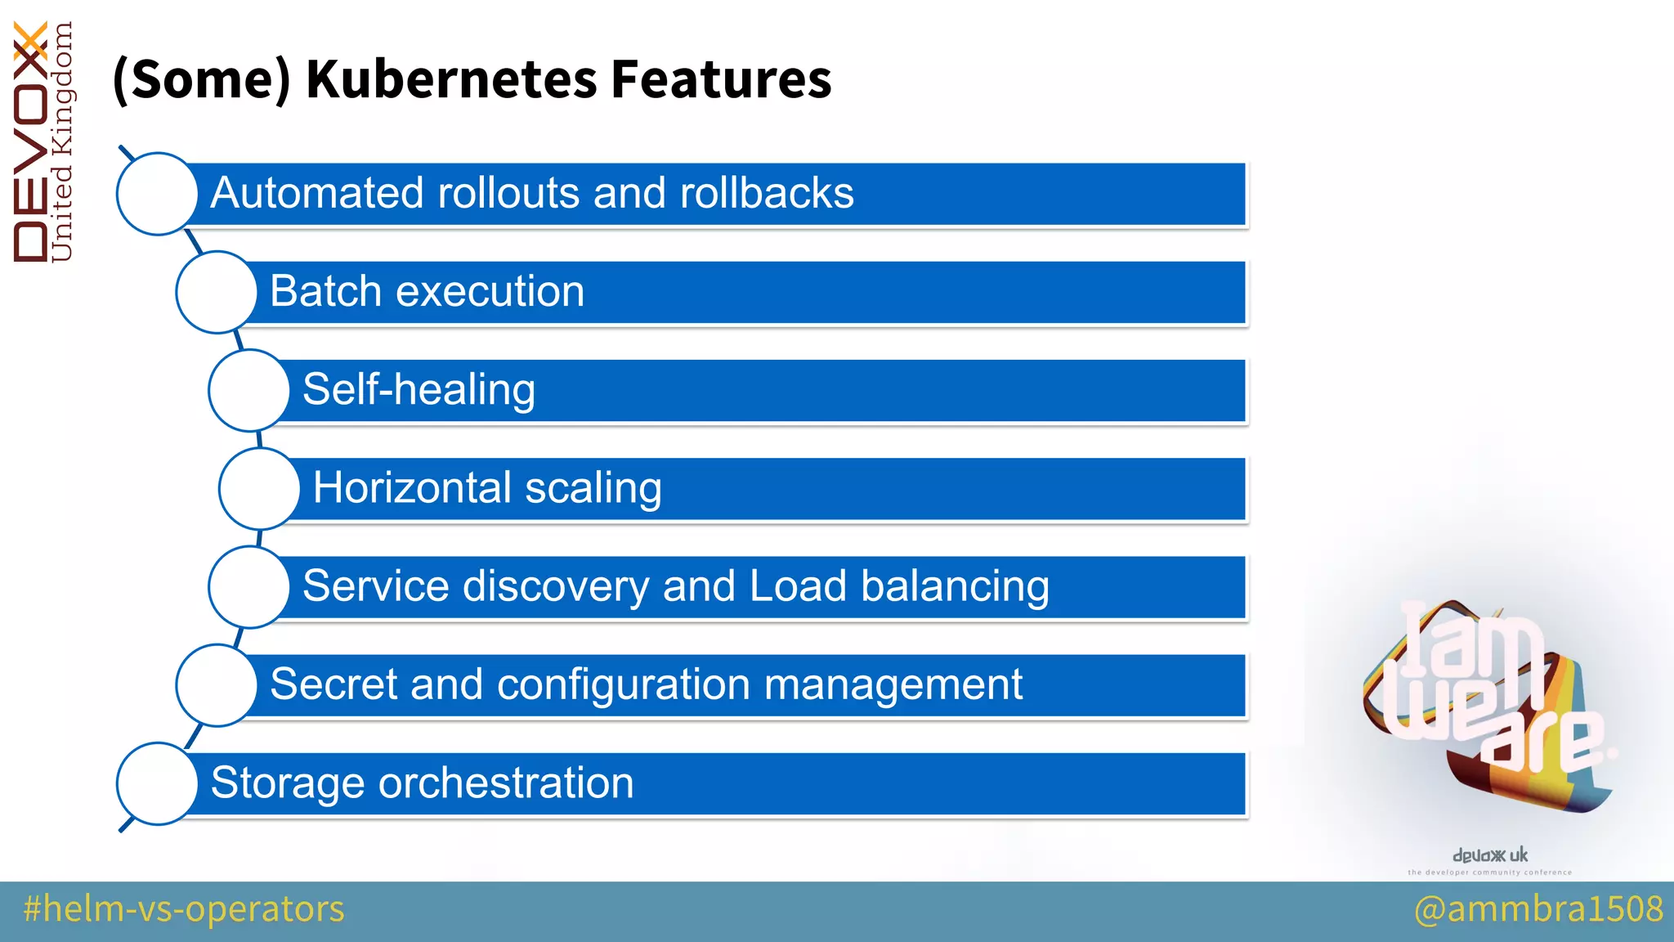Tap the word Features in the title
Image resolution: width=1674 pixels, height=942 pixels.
click(x=721, y=79)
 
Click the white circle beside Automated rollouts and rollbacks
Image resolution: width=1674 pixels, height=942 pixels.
click(x=158, y=194)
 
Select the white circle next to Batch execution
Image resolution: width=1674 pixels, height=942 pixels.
click(x=217, y=292)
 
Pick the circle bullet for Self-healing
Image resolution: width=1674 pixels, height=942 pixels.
click(x=249, y=390)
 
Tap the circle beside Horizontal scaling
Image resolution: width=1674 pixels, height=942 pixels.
click(x=260, y=488)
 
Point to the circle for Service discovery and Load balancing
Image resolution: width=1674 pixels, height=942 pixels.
click(x=249, y=586)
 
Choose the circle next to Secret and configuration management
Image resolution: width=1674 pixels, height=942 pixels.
click(x=217, y=684)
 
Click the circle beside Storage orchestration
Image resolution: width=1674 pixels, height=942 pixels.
click(x=158, y=783)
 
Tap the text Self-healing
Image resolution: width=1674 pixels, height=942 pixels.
click(x=418, y=390)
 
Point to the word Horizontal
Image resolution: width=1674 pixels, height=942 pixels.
click(x=412, y=488)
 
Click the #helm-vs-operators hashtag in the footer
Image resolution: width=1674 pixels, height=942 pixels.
click(x=184, y=909)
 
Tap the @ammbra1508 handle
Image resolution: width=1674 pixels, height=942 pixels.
click(x=1538, y=909)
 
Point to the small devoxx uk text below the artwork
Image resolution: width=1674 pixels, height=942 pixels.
click(x=1489, y=855)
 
